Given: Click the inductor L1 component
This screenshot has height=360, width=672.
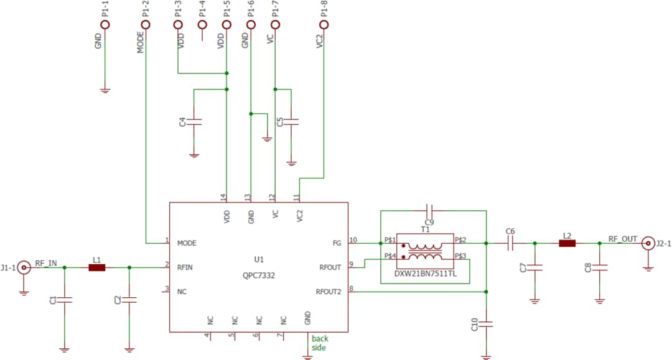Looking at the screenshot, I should tap(96, 268).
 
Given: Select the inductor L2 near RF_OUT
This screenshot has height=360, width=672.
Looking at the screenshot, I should tap(567, 244).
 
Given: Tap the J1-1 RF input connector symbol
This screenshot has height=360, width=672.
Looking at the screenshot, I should tap(24, 268).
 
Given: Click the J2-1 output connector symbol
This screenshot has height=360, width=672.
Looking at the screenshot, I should tap(648, 244).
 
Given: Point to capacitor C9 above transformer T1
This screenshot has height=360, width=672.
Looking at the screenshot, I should tap(429, 210).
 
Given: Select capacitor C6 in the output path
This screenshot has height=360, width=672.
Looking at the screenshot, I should tap(510, 244).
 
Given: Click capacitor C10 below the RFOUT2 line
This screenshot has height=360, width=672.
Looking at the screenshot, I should tap(487, 325).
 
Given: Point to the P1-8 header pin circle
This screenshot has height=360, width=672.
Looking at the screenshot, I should tap(324, 25).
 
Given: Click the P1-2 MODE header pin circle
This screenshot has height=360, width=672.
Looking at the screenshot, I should tap(145, 25).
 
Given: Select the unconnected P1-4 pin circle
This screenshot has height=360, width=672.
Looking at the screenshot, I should tap(202, 25).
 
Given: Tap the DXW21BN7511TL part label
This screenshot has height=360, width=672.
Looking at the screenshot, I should tap(426, 273).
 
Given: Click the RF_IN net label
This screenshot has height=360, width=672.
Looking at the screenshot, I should tap(46, 263).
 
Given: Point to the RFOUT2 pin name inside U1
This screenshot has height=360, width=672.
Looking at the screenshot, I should tap(328, 292).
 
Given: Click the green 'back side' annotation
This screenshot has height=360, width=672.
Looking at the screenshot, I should tap(320, 343).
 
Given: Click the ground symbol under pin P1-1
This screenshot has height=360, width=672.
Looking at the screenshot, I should tap(105, 91).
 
